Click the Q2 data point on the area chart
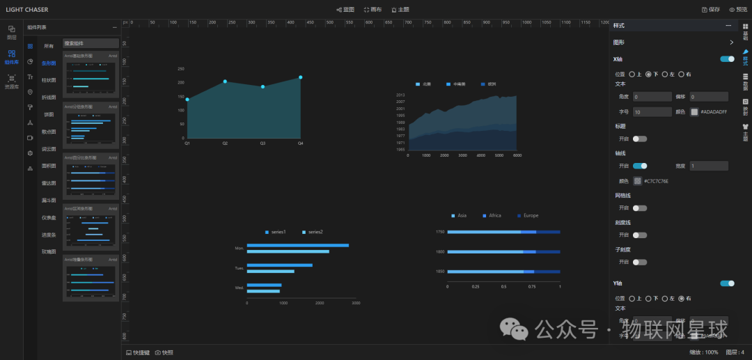[x=225, y=81]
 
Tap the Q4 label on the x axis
[x=301, y=143]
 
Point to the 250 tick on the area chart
[x=181, y=69]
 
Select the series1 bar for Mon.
[x=297, y=245]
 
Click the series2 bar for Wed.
[x=263, y=291]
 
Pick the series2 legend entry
[x=313, y=231]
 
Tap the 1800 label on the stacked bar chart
[x=440, y=251]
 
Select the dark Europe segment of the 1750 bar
[x=548, y=231]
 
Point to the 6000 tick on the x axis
[x=517, y=155]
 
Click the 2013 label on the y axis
[x=400, y=95]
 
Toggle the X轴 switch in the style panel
[x=727, y=59]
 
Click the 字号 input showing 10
[x=652, y=111]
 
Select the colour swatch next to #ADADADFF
[x=694, y=111]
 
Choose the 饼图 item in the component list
[x=49, y=114]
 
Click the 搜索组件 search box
[x=91, y=43]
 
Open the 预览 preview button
[x=737, y=10]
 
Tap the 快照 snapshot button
[x=164, y=352]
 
